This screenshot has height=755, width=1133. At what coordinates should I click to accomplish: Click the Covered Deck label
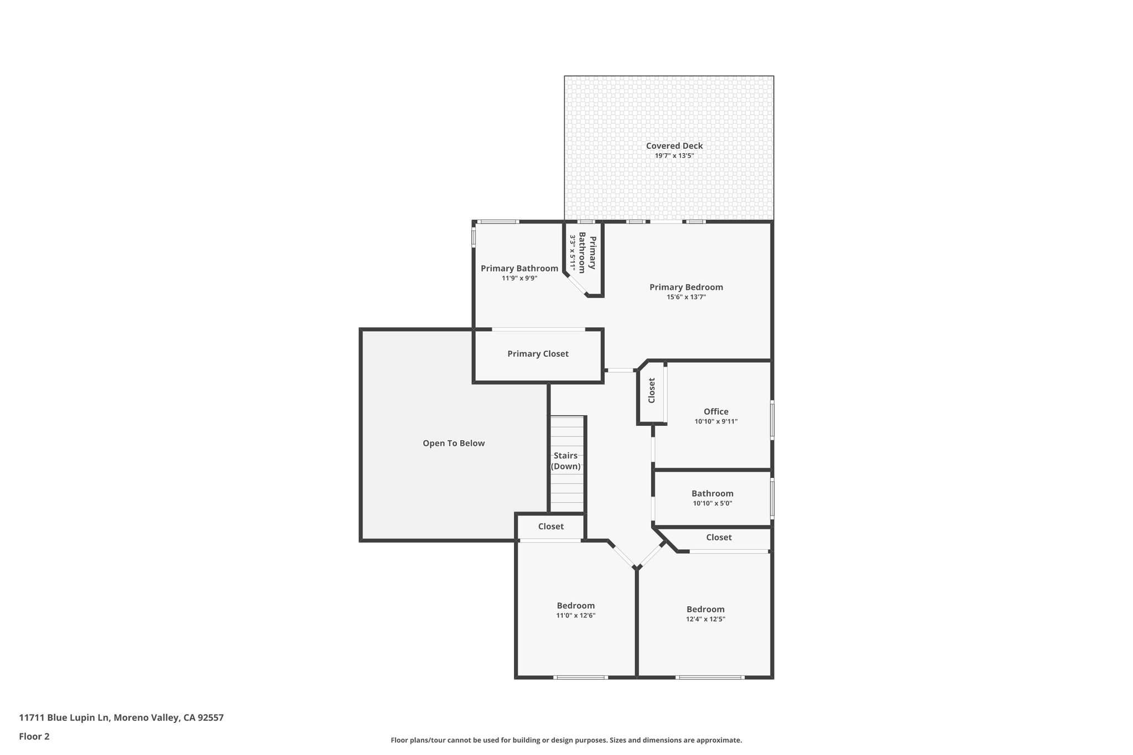pyautogui.click(x=674, y=146)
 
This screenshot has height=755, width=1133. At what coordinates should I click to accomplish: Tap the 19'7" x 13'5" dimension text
pyautogui.click(x=674, y=156)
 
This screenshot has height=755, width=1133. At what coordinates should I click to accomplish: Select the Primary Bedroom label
pyautogui.click(x=686, y=287)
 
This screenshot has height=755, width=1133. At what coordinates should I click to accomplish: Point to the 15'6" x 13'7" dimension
pyautogui.click(x=686, y=297)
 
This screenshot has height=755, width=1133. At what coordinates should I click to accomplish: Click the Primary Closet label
pyautogui.click(x=538, y=354)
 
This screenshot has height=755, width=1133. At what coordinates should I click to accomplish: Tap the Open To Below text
pyautogui.click(x=454, y=443)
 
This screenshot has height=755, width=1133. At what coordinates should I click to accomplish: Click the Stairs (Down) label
pyautogui.click(x=566, y=461)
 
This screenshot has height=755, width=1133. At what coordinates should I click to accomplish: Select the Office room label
pyautogui.click(x=716, y=412)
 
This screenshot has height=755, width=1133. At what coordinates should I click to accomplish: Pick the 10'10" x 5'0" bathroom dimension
pyautogui.click(x=713, y=503)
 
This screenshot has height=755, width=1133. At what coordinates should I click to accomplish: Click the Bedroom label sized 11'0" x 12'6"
pyautogui.click(x=575, y=606)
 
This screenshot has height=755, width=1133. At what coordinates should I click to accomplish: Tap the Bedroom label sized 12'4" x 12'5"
pyautogui.click(x=705, y=610)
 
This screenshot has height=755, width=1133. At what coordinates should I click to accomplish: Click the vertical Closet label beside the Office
pyautogui.click(x=652, y=390)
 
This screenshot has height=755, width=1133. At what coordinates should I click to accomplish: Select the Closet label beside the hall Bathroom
pyautogui.click(x=719, y=538)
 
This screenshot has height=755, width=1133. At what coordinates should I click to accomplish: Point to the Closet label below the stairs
pyautogui.click(x=551, y=527)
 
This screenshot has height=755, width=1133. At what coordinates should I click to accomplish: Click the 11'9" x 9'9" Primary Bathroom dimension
pyautogui.click(x=519, y=278)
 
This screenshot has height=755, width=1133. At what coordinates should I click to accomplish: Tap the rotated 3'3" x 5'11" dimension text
pyautogui.click(x=574, y=253)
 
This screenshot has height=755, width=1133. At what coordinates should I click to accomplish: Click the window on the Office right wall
pyautogui.click(x=772, y=420)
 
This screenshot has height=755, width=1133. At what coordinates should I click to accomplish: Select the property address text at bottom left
pyautogui.click(x=121, y=718)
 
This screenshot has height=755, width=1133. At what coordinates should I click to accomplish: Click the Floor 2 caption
pyautogui.click(x=34, y=736)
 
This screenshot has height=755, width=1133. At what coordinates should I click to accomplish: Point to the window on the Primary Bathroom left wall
pyautogui.click(x=474, y=237)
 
